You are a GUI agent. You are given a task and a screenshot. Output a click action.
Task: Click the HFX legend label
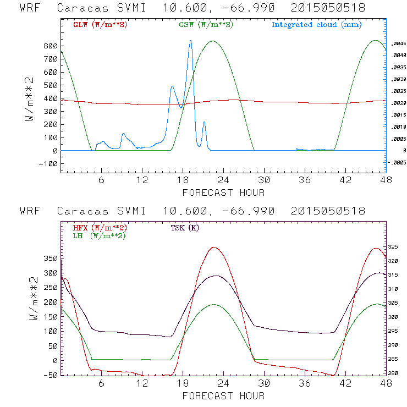(x=97, y=228)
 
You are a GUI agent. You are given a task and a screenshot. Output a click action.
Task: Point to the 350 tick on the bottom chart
(x=50, y=258)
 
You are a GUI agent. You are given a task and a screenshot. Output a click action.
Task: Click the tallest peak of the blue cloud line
(x=191, y=40)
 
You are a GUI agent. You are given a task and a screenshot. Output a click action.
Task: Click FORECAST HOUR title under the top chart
(x=223, y=193)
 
